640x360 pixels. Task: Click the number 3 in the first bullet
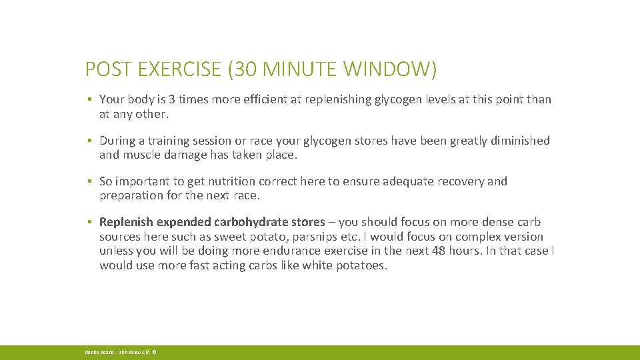(x=172, y=99)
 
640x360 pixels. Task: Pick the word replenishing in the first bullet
(x=323, y=99)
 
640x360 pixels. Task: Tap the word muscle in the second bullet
(x=139, y=155)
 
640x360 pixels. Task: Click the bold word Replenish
(x=126, y=222)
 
